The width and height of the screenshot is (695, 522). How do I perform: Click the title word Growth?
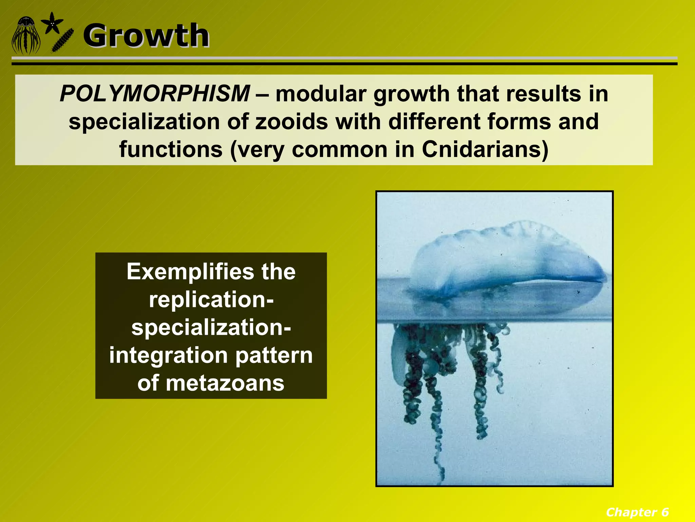tap(146, 36)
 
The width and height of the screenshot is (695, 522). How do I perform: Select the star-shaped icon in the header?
tap(52, 23)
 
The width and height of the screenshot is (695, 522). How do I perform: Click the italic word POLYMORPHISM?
tap(155, 93)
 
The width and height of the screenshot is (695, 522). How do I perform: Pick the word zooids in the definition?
tap(292, 122)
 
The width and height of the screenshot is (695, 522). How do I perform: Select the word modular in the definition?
tap(321, 93)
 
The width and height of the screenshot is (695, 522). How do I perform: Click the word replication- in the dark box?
tap(211, 299)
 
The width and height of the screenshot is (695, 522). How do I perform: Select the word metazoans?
tap(225, 383)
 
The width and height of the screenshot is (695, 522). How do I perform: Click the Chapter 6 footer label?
tap(637, 512)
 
